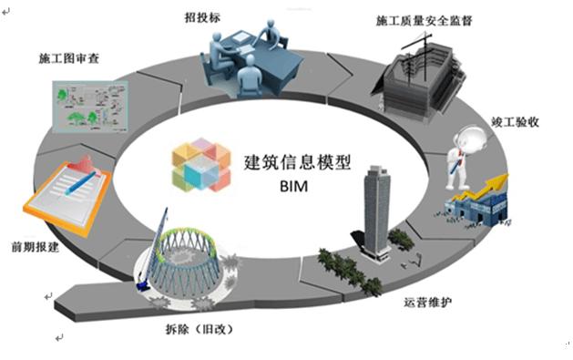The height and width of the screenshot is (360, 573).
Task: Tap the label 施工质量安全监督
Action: (425, 18)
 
